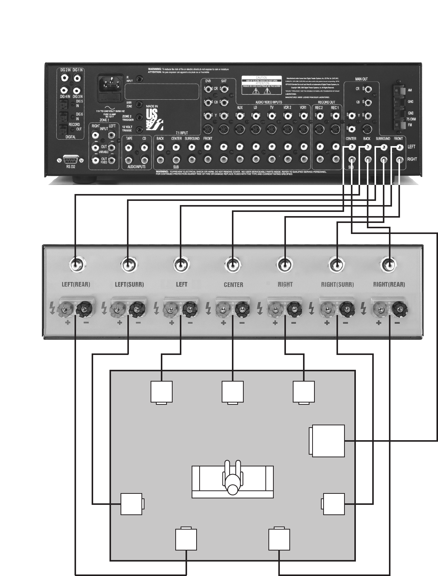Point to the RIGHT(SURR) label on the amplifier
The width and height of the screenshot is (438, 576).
[x=337, y=284]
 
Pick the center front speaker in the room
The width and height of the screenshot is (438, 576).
[x=233, y=392]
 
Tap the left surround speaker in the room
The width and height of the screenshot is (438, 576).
[x=132, y=504]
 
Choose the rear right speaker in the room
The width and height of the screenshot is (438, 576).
[x=279, y=539]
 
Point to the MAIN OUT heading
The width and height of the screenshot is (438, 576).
[x=361, y=79]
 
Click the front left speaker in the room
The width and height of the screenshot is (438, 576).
[x=162, y=392]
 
